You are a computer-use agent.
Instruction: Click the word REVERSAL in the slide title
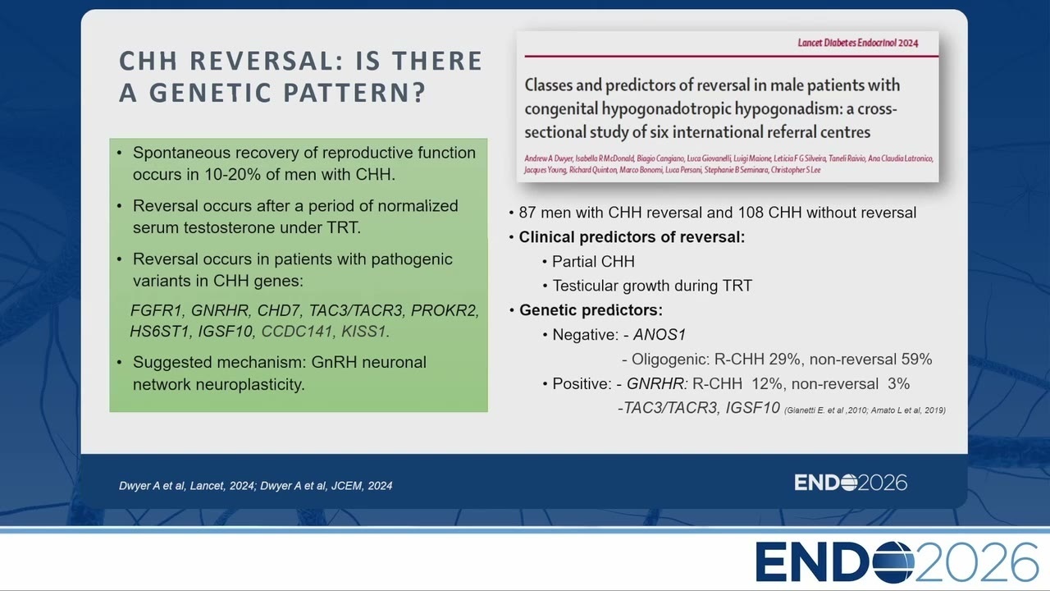click(x=267, y=61)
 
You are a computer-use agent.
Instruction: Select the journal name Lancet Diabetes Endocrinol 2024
click(x=858, y=43)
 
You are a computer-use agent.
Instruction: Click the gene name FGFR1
click(x=156, y=310)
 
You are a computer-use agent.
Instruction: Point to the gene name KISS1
click(x=363, y=331)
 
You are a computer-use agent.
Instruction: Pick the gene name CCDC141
click(x=297, y=331)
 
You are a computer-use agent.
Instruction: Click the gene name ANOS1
click(x=660, y=334)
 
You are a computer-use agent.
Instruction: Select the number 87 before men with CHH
click(x=527, y=213)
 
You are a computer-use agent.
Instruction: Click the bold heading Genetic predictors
click(x=591, y=310)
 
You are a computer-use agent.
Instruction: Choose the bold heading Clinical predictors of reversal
click(x=632, y=237)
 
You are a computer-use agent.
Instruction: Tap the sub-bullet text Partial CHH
click(x=593, y=261)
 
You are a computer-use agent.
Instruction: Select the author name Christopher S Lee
click(x=796, y=170)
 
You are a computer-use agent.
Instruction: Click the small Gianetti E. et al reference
click(x=815, y=410)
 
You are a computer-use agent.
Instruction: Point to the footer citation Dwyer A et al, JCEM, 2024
click(x=326, y=486)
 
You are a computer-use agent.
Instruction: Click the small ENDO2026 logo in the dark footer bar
click(x=851, y=483)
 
